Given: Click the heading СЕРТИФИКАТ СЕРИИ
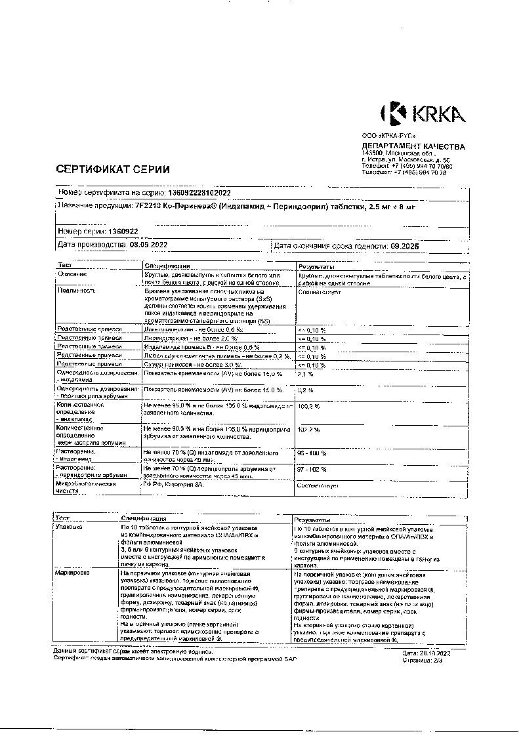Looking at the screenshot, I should tap(113, 169).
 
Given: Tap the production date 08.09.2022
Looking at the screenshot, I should tap(149, 245).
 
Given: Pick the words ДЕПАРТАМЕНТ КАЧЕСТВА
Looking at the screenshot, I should tap(413, 146).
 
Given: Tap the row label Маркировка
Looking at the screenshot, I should tap(73, 573).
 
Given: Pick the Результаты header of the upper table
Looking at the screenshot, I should tap(317, 266).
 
